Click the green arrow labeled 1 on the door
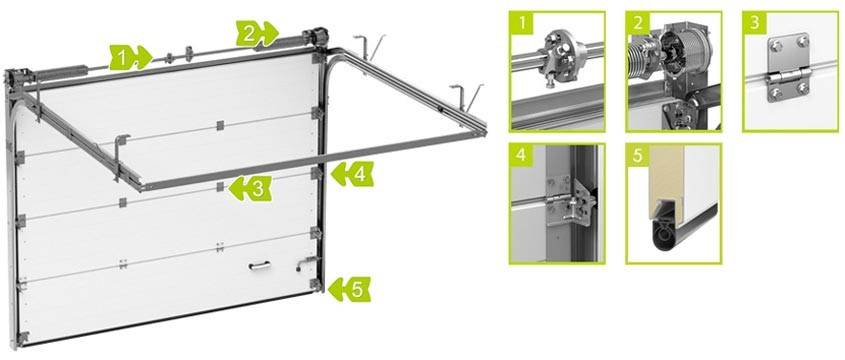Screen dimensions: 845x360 (x=131, y=58)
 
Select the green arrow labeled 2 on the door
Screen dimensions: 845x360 (x=257, y=34)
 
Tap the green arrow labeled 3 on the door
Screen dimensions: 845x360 (x=250, y=189)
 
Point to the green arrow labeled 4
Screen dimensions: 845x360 (x=352, y=174)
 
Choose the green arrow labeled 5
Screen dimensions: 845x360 (x=349, y=289)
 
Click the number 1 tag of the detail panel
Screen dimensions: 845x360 (x=521, y=22)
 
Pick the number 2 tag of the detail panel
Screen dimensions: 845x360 (x=638, y=22)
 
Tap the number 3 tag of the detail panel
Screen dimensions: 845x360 (x=754, y=22)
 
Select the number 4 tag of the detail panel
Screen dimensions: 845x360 (x=521, y=155)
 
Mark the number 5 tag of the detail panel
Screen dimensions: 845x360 (x=638, y=155)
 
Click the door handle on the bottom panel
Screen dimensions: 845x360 (x=260, y=265)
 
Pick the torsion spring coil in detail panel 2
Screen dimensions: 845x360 (x=643, y=58)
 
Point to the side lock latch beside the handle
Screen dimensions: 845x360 (x=304, y=263)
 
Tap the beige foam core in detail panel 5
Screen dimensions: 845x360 (x=667, y=181)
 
